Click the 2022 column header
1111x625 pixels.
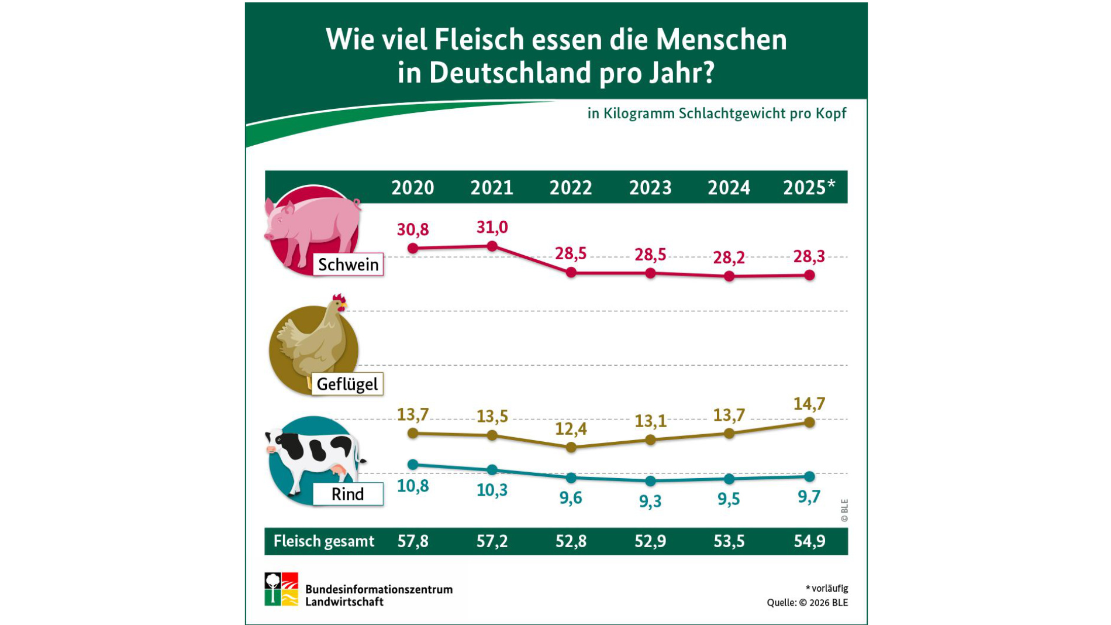[571, 188]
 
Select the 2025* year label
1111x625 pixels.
[809, 188]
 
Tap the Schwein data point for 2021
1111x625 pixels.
[492, 246]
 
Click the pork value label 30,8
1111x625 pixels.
[413, 229]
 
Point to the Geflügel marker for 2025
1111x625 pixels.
[809, 422]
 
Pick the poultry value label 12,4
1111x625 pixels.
[571, 429]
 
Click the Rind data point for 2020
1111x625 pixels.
[413, 465]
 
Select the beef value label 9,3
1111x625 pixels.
[650, 501]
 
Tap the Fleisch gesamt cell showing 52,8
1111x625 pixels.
[571, 541]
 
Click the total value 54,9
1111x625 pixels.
[809, 541]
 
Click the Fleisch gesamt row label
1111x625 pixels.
[323, 541]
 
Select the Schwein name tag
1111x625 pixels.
[348, 265]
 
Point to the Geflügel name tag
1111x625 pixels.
[347, 384]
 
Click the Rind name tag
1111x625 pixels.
[348, 494]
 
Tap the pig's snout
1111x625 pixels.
[269, 235]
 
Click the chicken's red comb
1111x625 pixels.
[339, 298]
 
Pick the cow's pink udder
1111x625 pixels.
[338, 470]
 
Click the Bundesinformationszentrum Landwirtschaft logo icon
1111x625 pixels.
[281, 589]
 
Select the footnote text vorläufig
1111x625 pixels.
[829, 588]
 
